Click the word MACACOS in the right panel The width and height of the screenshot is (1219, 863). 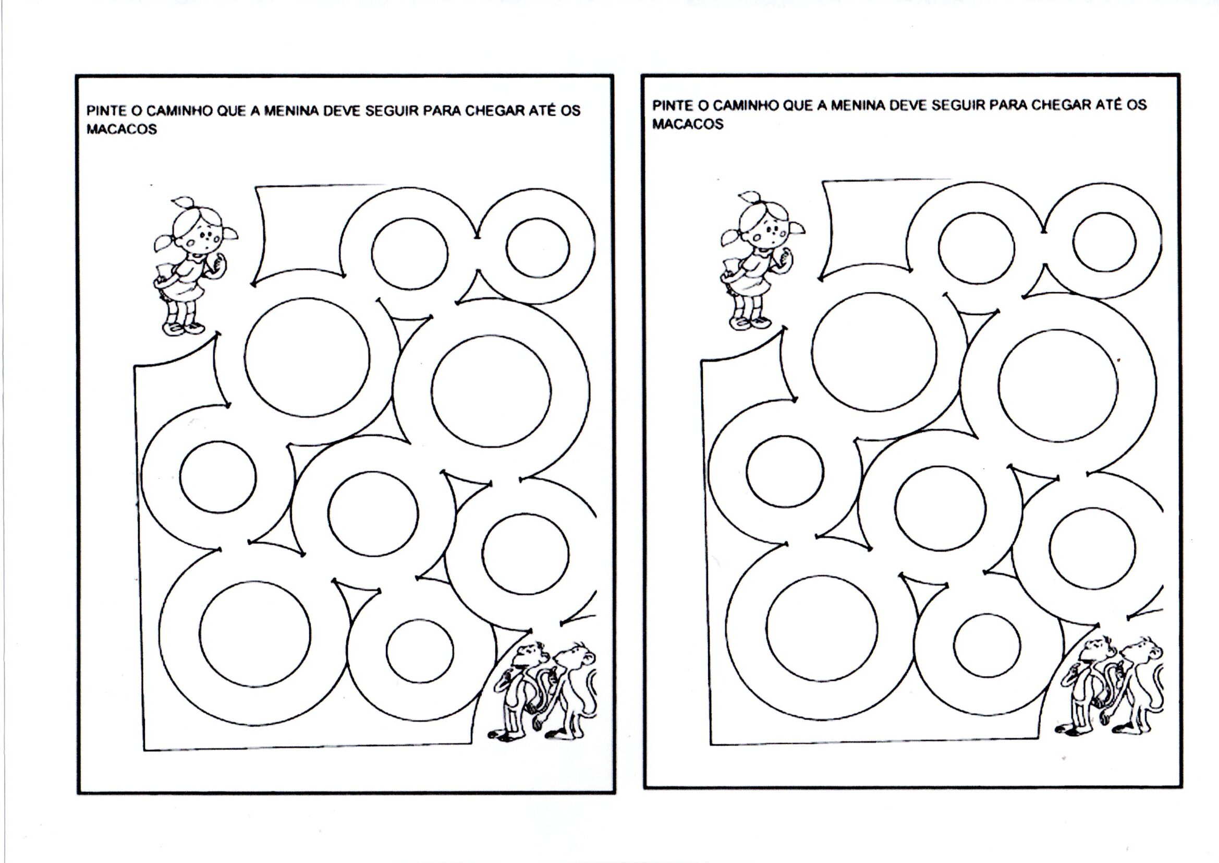(x=688, y=124)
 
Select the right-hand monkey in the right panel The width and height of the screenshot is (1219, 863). (x=1136, y=686)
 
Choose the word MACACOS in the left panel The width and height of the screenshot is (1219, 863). (x=121, y=130)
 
